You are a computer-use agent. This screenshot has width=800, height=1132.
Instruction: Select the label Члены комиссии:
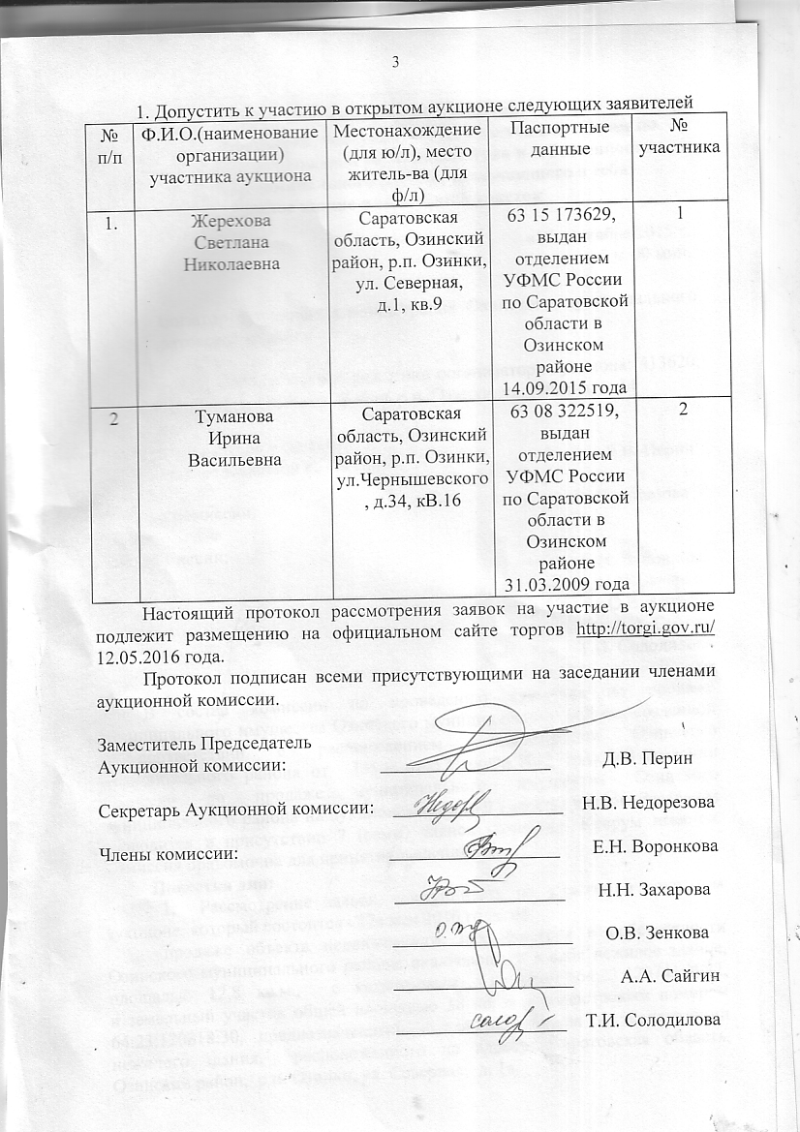click(169, 855)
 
